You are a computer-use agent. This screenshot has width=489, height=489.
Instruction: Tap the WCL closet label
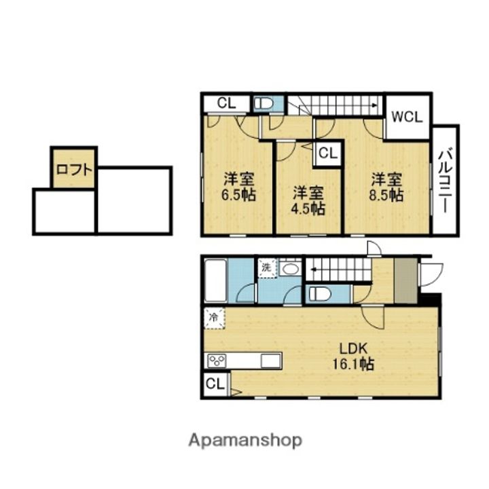(407, 115)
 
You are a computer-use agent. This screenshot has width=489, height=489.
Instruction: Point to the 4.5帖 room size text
(308, 209)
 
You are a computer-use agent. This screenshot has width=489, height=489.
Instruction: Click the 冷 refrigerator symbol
(214, 316)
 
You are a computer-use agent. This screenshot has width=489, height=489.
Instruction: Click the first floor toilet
(319, 294)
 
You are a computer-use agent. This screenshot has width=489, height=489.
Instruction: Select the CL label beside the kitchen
(215, 384)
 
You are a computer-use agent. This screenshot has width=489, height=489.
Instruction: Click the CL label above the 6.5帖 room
(225, 104)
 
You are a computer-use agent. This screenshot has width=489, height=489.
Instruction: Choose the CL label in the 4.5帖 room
(327, 153)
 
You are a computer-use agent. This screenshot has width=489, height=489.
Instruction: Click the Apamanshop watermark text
(244, 440)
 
